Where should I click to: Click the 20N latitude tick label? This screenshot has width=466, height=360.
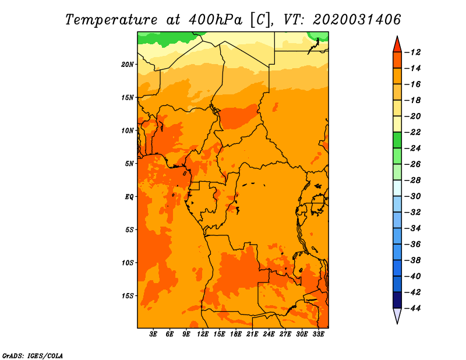pos(128,65)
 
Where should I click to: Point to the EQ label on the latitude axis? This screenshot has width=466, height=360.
pos(129,197)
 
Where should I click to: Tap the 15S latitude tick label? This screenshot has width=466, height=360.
pos(128,296)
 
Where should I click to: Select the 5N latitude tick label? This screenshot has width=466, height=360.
pos(129,164)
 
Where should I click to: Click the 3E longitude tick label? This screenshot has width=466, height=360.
pos(153,334)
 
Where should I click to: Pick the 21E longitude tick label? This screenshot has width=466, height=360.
pos(252,334)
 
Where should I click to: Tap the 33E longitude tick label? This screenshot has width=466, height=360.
pos(318,334)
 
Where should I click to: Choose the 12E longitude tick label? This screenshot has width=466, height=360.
pos(202,334)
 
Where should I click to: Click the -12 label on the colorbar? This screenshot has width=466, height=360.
pos(413,52)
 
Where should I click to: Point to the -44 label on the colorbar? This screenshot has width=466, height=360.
pos(413,308)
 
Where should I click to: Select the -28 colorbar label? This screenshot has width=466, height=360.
pos(413,181)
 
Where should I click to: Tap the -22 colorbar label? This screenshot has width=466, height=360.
pos(413,132)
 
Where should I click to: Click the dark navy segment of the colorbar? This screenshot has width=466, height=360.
pos(397,300)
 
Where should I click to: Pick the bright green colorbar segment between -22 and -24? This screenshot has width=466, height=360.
pos(397,140)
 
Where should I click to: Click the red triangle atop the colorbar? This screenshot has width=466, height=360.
pos(397,45)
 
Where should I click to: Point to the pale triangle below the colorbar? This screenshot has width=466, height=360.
pos(397,315)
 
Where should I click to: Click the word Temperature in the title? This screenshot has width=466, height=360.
pos(111,20)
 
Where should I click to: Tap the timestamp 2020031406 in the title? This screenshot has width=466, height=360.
pos(356,20)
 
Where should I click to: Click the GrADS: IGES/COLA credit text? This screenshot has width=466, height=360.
pos(33,356)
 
